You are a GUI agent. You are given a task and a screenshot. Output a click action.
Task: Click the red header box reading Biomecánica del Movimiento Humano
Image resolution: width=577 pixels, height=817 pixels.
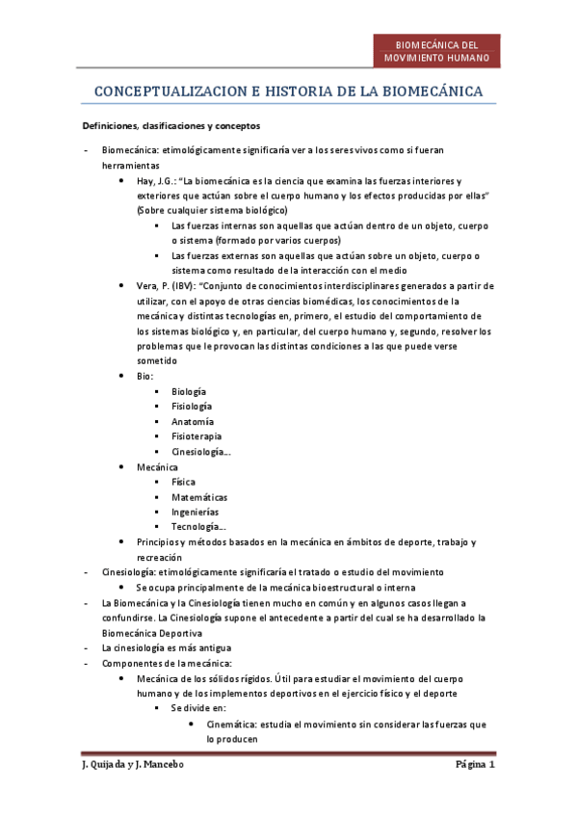436,51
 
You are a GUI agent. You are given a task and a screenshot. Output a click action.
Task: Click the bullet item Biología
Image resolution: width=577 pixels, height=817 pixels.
189,391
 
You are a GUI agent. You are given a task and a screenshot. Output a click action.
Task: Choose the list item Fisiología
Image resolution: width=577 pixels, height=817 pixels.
192,407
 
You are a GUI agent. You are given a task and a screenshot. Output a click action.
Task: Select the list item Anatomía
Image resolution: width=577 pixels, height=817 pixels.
193,422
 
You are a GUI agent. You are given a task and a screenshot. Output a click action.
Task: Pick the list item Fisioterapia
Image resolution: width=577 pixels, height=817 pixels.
196,436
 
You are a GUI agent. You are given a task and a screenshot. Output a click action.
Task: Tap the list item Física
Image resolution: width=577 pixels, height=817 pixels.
183,482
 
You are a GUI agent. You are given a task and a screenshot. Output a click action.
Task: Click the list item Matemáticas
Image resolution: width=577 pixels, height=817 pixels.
199,497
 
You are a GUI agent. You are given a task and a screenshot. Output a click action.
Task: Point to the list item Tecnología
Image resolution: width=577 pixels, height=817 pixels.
199,527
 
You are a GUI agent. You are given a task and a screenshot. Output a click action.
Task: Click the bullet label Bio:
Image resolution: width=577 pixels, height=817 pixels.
145,377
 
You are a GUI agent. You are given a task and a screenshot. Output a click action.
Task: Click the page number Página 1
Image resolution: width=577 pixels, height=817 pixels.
475,766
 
